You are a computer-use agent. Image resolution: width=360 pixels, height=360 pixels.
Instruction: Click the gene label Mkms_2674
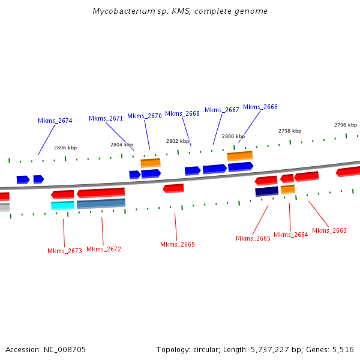coord(55,121)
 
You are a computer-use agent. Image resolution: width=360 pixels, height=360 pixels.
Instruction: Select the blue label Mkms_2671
coord(106,118)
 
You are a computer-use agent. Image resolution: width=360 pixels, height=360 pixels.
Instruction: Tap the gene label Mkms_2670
coord(145,116)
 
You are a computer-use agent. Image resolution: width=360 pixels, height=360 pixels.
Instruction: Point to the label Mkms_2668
coord(182,113)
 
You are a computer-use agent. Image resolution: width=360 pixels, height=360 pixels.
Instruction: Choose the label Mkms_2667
coord(222,110)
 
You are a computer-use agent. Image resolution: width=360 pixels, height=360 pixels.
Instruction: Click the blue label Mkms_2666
coord(260,107)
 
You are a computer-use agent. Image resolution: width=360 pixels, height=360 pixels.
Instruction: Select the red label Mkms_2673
coord(65,251)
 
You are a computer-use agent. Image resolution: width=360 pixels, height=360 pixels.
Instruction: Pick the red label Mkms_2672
coord(104,249)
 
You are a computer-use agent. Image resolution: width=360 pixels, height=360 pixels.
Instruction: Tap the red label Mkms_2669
coord(178,244)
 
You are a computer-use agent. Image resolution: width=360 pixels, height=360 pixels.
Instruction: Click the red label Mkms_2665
coord(253,238)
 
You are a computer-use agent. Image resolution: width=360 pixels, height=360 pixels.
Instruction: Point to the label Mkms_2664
coord(291,235)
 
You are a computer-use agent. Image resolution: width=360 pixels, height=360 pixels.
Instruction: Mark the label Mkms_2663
coord(329,230)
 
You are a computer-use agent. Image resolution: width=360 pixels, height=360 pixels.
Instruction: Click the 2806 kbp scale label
coord(65,148)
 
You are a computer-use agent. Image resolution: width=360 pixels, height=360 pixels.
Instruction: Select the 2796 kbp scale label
coord(346,125)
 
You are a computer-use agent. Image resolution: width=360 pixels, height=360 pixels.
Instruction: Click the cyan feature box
coord(62,205)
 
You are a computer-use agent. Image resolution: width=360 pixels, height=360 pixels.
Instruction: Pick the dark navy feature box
coord(266,191)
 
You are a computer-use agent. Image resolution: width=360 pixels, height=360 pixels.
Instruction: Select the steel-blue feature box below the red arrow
coord(101,203)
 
